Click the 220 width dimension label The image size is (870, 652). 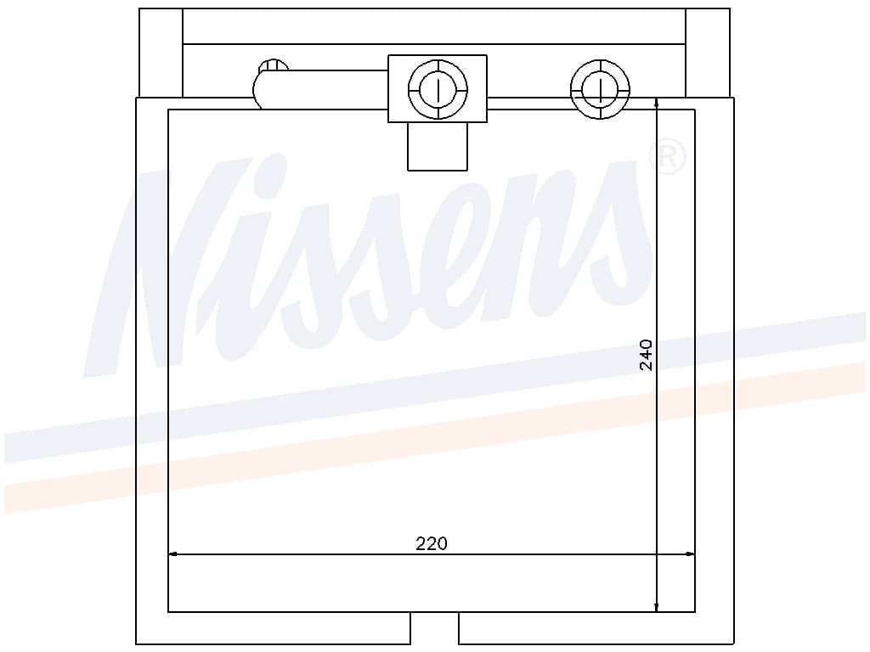[x=431, y=543]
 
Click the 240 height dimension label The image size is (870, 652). [x=646, y=355]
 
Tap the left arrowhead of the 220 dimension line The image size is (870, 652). [x=172, y=554]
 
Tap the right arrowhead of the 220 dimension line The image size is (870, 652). [x=690, y=554]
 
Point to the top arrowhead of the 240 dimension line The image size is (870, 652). [x=657, y=104]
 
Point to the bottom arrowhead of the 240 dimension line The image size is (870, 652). [x=657, y=607]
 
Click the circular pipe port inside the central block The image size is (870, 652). [x=438, y=89]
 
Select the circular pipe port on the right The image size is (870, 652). [x=601, y=89]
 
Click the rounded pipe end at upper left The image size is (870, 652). [x=266, y=83]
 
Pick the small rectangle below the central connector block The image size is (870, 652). [x=438, y=146]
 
